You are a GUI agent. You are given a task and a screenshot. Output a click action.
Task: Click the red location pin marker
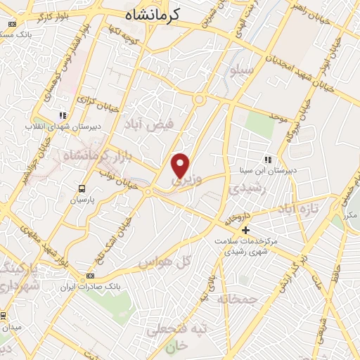181,165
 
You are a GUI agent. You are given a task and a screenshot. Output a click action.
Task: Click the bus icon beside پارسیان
82,188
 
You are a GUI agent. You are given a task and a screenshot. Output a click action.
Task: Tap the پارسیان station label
82,200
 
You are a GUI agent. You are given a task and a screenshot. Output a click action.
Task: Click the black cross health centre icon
245,230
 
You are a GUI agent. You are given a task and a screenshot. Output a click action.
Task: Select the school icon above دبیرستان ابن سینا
267,158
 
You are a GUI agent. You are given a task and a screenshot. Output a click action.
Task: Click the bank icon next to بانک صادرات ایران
89,276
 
